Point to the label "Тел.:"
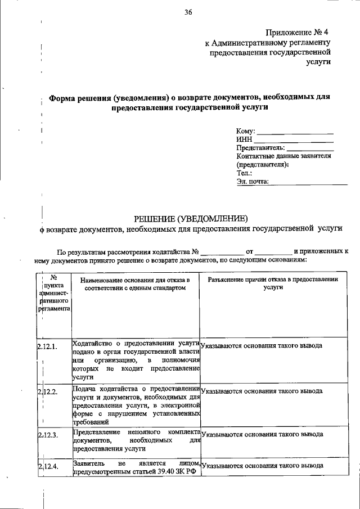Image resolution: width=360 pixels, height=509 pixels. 244,173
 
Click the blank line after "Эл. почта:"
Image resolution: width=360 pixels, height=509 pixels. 308,182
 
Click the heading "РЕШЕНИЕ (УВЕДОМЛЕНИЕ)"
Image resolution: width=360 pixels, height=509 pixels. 190,218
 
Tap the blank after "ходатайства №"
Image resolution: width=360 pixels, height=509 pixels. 222,253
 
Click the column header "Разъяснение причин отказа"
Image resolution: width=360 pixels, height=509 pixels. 272,280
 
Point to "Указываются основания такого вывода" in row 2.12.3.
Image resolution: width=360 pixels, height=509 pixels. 262,435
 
